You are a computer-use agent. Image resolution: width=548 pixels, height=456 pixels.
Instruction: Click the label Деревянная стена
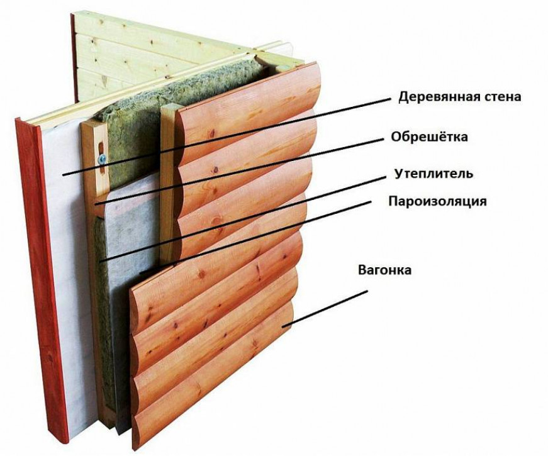pos(459,96)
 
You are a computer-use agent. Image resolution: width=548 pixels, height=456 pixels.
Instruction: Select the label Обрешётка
pos(429,136)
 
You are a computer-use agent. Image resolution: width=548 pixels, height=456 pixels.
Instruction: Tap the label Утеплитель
pos(433,174)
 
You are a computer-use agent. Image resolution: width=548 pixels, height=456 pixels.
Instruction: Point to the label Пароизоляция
pos(437,202)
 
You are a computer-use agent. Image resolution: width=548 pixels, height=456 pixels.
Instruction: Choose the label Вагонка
pos(385,270)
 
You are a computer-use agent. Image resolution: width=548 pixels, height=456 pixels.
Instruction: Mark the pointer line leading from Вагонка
pos(325,309)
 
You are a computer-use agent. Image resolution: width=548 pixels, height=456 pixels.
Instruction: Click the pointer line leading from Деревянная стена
pos(227,137)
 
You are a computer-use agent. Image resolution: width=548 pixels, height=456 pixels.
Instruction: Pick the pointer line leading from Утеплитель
pos(243,219)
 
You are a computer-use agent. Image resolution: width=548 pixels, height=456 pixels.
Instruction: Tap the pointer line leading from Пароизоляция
pos(255,237)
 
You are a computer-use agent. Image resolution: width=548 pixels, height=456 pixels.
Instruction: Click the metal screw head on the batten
pos(102,159)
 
